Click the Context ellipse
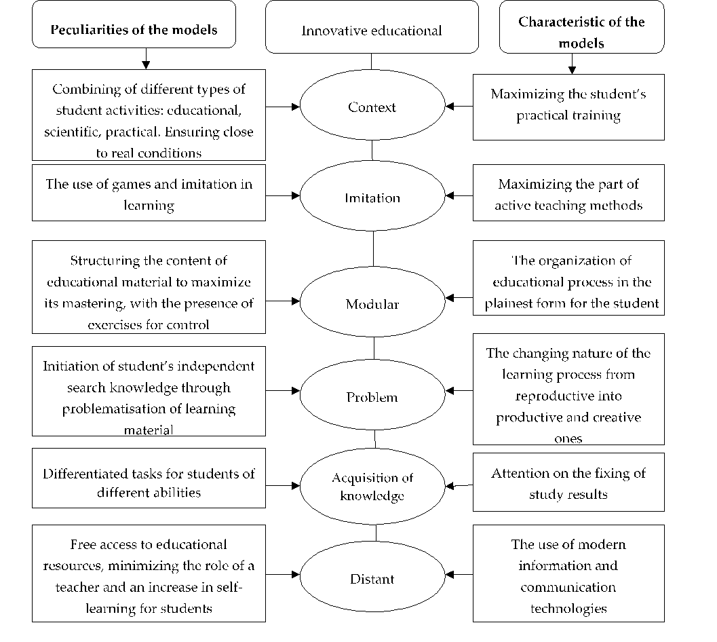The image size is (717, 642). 372,106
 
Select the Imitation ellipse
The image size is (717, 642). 372,197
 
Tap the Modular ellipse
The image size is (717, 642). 372,303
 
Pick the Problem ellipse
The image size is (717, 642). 372,397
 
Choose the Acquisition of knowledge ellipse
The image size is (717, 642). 372,486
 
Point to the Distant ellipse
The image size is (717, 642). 372,578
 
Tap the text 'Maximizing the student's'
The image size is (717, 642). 574,94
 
